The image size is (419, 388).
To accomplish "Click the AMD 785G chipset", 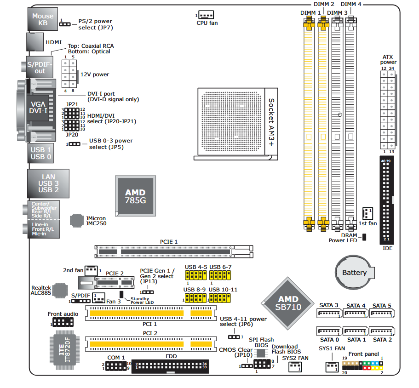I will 135,196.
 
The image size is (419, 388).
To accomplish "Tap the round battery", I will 354,273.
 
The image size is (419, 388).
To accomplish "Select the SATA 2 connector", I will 382,332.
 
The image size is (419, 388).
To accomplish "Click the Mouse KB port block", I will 42,19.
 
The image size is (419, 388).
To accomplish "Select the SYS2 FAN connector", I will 295,366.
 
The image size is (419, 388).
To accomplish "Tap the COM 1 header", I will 116,366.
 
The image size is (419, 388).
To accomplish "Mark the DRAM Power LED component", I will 364,237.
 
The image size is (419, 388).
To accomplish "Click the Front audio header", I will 63,322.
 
